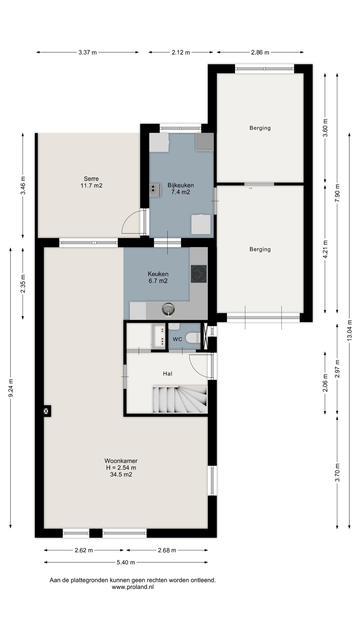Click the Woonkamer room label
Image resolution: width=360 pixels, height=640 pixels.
point(121,461)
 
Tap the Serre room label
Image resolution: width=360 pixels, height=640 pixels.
point(91,179)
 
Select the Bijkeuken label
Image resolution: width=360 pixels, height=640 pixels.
point(181,185)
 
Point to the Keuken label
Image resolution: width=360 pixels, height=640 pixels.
point(158,274)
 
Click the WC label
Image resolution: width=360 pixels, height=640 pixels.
point(177,339)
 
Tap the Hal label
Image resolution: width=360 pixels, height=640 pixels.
point(168,374)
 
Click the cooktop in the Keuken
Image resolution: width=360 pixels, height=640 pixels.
point(199,274)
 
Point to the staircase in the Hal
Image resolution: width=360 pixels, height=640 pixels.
point(180,399)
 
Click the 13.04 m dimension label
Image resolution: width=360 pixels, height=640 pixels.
point(349,330)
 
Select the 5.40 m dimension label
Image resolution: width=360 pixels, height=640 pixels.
point(126,562)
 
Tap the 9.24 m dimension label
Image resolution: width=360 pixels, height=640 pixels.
point(11,388)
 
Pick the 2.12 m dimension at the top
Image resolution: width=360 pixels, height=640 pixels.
point(181,52)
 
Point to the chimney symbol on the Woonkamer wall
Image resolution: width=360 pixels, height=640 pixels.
point(46,411)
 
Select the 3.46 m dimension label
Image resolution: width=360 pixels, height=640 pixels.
point(23,185)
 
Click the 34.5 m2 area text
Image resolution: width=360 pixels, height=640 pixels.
point(121,474)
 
